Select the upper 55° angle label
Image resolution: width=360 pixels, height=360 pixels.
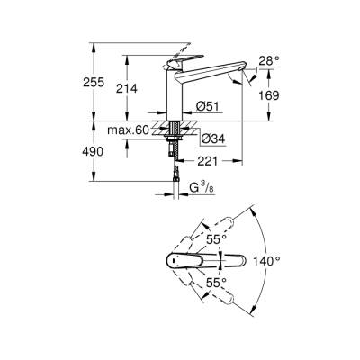pos(215,240)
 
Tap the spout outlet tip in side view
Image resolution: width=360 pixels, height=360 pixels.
pos(236,79)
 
